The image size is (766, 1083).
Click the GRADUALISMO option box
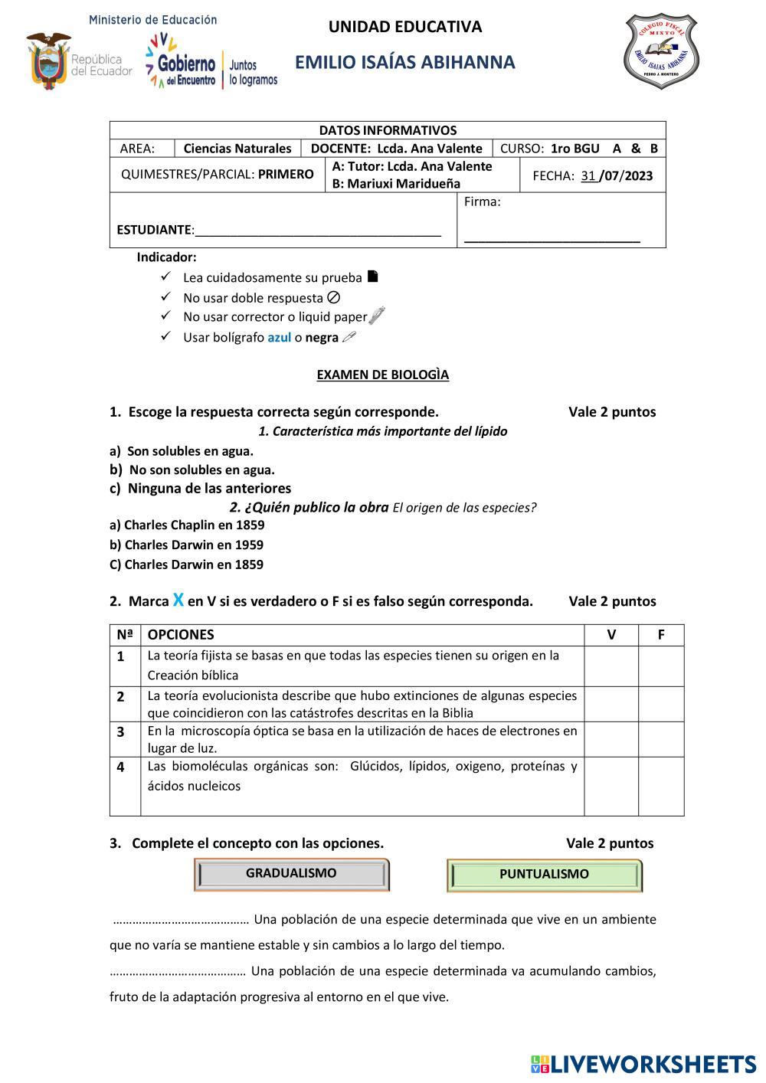tap(291, 874)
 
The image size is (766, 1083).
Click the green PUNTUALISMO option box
tap(544, 875)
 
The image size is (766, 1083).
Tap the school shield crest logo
tap(661, 51)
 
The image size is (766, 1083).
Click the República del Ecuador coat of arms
tap(48, 60)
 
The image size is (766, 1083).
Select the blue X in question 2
tap(178, 600)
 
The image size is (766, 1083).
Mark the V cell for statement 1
tap(611, 666)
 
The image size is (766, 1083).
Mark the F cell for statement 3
tap(660, 739)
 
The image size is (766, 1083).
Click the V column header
tap(611, 635)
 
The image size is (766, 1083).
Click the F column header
tap(660, 635)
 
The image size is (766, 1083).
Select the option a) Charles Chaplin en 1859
tap(187, 525)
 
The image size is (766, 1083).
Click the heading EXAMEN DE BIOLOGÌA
tap(383, 375)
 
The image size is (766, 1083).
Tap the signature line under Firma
tap(552, 240)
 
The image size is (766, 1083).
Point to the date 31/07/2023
tap(617, 176)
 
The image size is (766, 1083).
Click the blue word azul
tap(279, 338)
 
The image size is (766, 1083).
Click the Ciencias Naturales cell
tap(237, 149)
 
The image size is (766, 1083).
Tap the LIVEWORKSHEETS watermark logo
tap(643, 1064)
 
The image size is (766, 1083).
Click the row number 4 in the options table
tap(121, 767)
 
